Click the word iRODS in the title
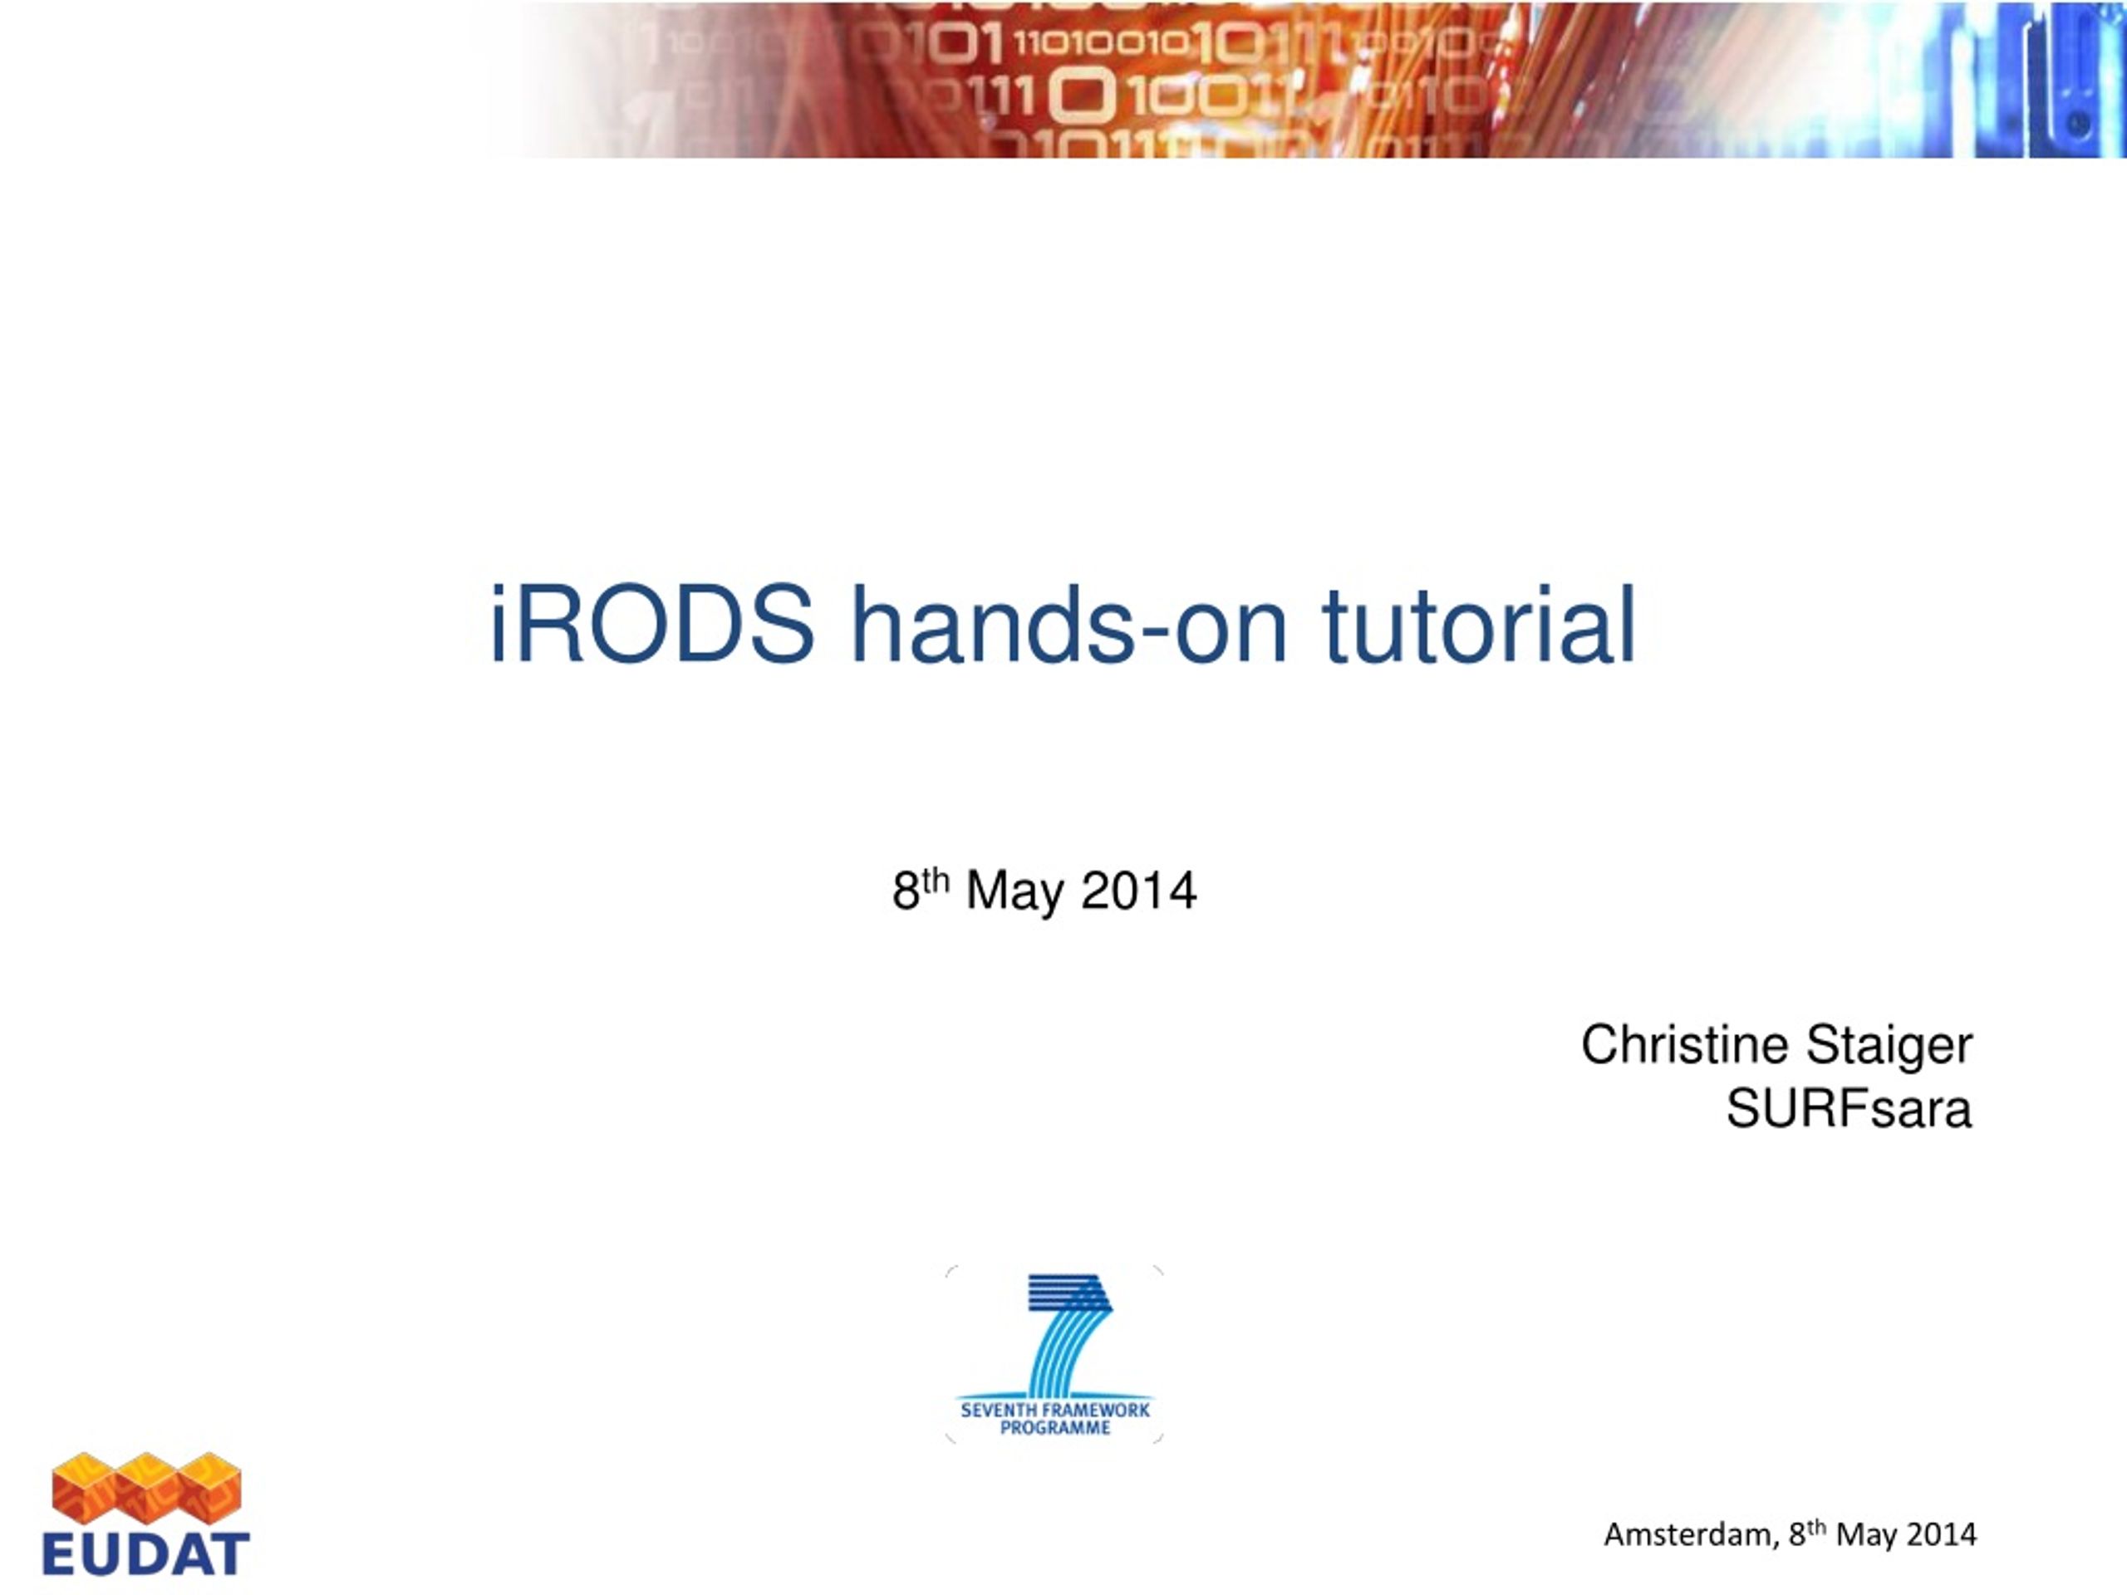coord(652,624)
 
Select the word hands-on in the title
coord(1069,624)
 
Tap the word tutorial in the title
coord(1479,624)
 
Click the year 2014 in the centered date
coord(1139,891)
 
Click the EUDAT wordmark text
coord(146,1554)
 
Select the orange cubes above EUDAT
coord(146,1489)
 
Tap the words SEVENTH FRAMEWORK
coord(1055,1410)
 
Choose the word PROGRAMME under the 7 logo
coord(1055,1428)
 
